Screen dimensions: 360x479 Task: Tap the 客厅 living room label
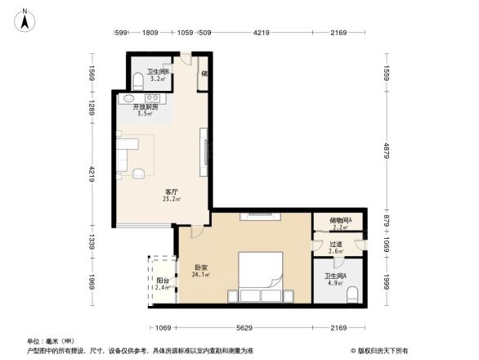(171, 191)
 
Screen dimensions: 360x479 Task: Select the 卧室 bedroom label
(200, 267)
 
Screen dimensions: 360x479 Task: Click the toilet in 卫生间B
(137, 79)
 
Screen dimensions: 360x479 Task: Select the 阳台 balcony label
(162, 280)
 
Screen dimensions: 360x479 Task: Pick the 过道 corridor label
(335, 244)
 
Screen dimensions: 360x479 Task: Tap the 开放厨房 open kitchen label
(145, 107)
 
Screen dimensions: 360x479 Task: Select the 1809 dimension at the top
(150, 33)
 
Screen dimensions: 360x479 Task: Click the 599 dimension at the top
(121, 33)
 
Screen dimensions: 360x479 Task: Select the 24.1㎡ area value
(200, 274)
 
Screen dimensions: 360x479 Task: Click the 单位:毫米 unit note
(50, 340)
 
